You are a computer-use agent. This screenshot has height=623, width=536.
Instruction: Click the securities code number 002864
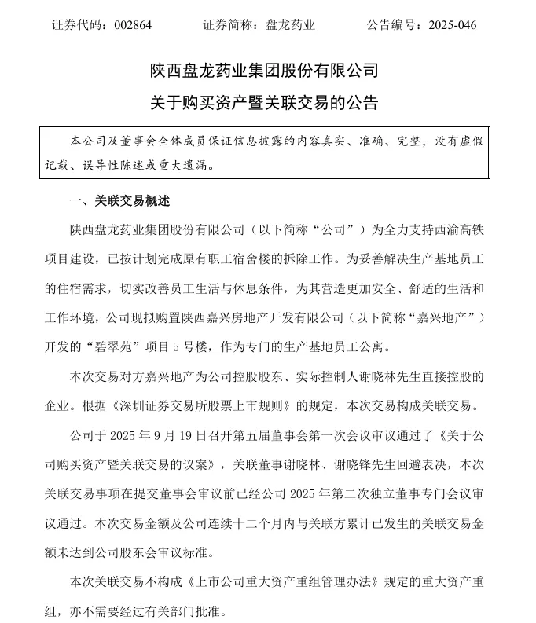[x=131, y=25]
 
